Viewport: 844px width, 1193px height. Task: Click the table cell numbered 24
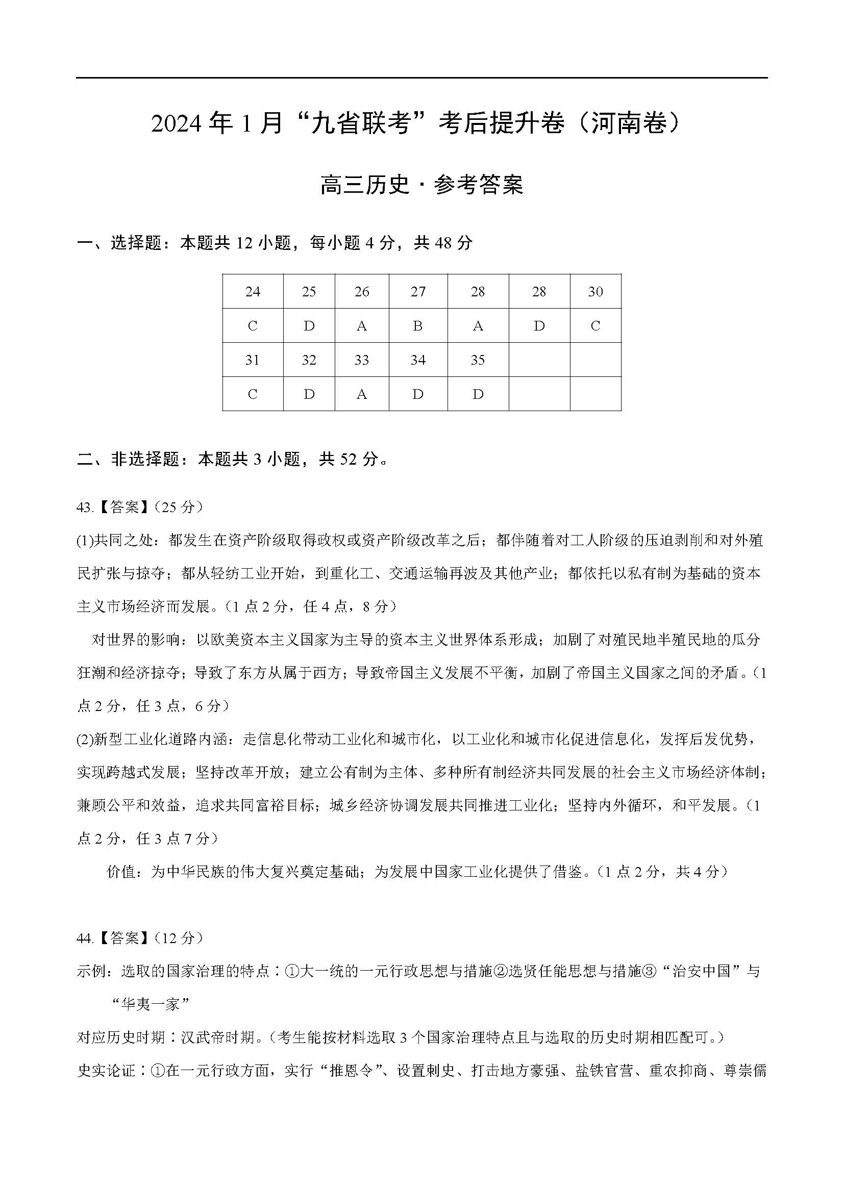coord(253,292)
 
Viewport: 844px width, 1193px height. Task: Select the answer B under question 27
coord(418,326)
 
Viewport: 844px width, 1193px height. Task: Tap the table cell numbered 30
coord(595,292)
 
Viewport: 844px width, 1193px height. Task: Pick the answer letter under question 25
coord(309,326)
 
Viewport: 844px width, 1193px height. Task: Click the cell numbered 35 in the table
coord(478,360)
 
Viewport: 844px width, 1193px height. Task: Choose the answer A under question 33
coord(362,394)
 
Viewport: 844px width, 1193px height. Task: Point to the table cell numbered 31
coord(253,360)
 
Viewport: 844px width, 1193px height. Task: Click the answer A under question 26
coord(362,326)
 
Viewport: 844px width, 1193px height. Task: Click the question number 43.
coord(84,507)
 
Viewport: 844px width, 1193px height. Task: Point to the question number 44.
coord(84,938)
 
